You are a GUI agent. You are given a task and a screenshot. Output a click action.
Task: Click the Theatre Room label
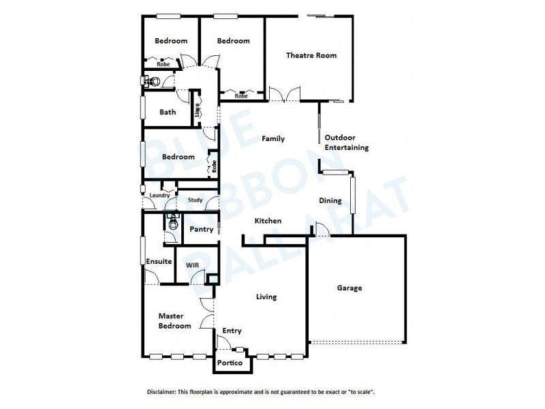(x=311, y=55)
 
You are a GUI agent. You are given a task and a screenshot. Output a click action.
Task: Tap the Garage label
(x=349, y=288)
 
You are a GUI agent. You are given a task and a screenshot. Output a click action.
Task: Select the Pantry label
(x=202, y=229)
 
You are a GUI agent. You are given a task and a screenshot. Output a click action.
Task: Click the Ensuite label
(x=158, y=261)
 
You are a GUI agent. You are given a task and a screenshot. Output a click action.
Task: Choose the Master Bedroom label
(x=174, y=320)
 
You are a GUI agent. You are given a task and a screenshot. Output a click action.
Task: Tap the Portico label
(x=230, y=363)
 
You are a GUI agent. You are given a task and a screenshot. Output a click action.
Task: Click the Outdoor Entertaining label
(x=346, y=142)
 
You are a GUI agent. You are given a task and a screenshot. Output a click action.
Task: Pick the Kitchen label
(x=268, y=221)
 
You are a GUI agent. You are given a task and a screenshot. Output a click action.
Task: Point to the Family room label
(x=273, y=138)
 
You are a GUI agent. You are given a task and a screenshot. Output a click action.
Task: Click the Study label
(x=196, y=200)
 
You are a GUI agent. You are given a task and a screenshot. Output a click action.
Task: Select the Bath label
(x=168, y=112)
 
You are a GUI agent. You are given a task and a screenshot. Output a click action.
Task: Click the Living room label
(x=266, y=297)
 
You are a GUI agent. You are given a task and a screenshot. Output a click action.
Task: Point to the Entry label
(x=232, y=331)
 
